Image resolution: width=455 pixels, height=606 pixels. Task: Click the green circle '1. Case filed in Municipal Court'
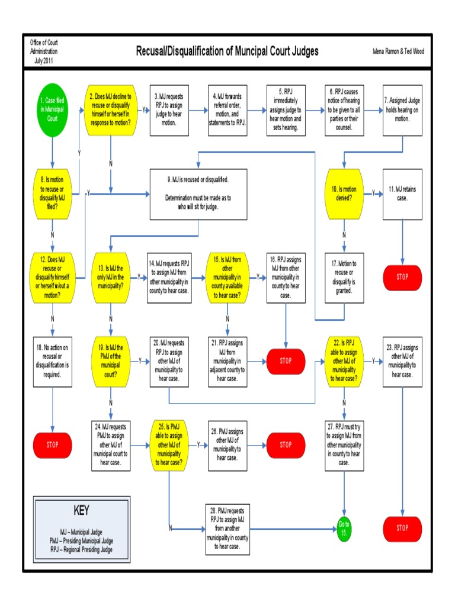point(53,110)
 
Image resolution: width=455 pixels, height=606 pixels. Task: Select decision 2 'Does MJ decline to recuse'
point(111,110)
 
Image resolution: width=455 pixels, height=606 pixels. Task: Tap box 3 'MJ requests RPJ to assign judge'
point(169,110)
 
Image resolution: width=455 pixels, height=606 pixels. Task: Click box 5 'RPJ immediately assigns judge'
point(286,110)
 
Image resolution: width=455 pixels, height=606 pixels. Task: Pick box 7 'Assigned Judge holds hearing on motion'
point(402,110)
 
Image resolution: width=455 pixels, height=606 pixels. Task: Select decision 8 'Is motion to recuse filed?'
point(53,193)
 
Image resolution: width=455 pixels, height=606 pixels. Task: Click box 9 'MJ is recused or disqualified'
point(197,194)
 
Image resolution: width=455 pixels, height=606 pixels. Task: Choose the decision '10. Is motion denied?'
point(344,193)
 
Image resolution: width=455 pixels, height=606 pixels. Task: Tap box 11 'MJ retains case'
point(402,194)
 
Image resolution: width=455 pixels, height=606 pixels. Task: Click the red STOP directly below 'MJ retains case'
point(402,277)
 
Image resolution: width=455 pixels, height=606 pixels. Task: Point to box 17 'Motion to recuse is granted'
point(344,277)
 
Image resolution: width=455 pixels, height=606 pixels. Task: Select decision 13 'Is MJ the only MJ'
point(111,277)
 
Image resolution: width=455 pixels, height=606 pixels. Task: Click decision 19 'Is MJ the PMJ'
point(111,361)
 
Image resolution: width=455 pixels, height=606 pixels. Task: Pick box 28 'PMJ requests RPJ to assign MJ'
point(227,528)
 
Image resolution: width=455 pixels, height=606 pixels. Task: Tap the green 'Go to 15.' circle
point(344,528)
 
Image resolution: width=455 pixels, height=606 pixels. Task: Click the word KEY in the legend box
point(81,510)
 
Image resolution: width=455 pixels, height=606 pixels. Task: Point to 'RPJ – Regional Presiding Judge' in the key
point(81,550)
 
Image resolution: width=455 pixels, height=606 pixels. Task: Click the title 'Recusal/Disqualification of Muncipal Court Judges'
point(227,51)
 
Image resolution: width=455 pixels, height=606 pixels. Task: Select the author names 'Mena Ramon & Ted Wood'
point(398,51)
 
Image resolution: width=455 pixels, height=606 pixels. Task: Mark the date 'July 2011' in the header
point(44,60)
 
